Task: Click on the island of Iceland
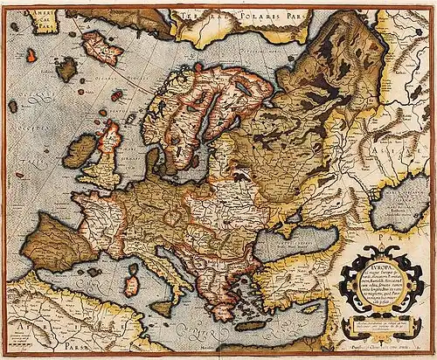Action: pyautogui.click(x=98, y=46)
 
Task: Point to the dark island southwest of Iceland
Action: pyautogui.click(x=66, y=69)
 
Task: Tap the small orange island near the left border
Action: pyautogui.click(x=31, y=54)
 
